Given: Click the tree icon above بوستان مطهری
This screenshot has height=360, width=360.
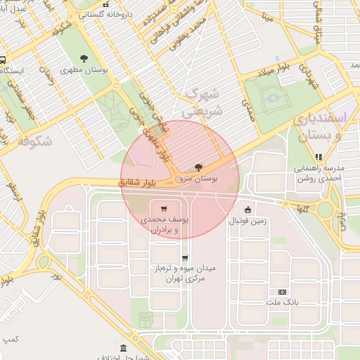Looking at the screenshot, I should click(x=84, y=58).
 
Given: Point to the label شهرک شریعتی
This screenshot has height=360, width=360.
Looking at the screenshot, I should click(x=201, y=102).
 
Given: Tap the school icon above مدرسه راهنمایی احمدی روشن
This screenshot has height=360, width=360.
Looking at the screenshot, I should click(x=319, y=157).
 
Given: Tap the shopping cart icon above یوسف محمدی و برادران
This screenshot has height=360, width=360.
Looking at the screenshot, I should click(x=164, y=208).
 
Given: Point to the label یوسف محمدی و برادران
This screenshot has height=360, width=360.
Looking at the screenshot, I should click(x=161, y=225).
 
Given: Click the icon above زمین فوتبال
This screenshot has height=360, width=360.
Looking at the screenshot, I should click(x=247, y=210).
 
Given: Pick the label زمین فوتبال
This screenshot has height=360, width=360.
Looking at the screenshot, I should click(x=247, y=221).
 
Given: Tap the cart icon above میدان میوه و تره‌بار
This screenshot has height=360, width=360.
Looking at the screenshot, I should click(x=185, y=258).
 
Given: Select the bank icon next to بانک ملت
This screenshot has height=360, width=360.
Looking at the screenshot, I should click(x=283, y=292).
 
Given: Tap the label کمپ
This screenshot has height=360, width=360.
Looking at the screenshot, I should click(x=10, y=340).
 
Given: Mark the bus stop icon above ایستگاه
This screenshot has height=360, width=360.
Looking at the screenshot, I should click(x=4, y=59).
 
